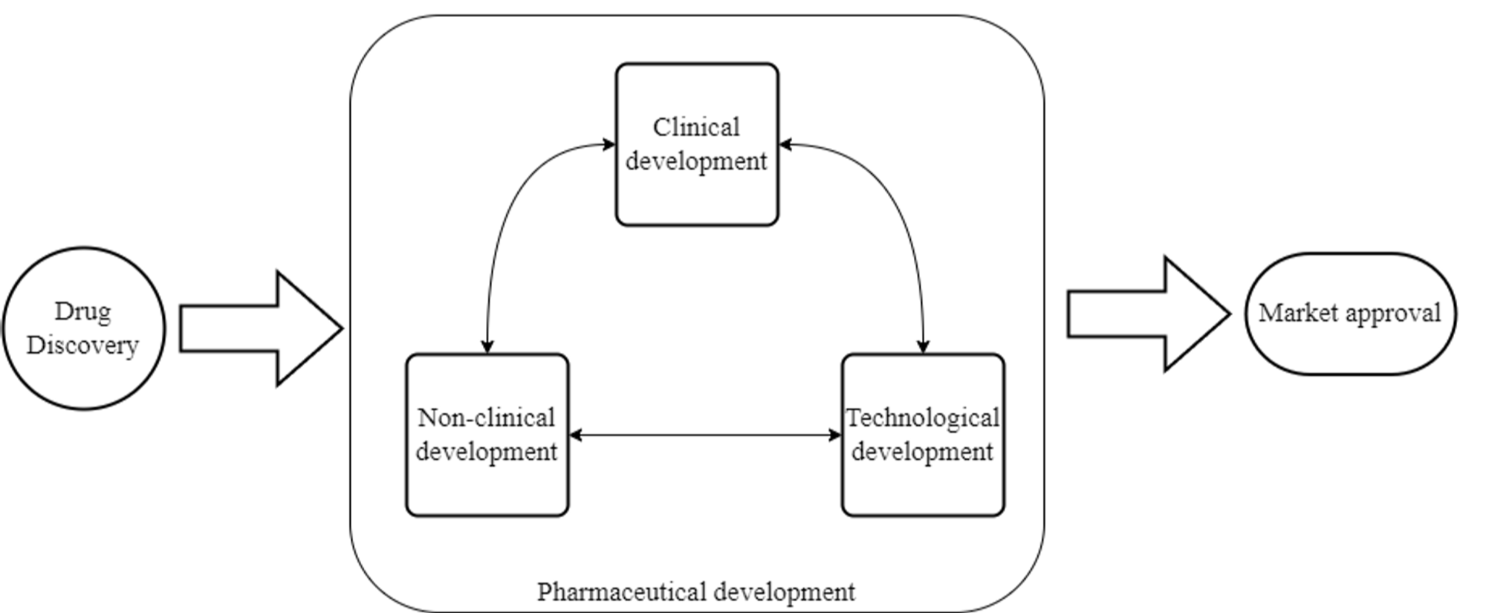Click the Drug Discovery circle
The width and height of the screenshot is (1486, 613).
click(x=83, y=328)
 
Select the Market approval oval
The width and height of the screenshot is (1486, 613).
click(x=1350, y=314)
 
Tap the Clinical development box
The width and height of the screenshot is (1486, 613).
click(x=697, y=144)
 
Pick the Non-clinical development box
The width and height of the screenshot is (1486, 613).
click(x=487, y=435)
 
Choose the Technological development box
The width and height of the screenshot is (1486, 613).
click(x=923, y=435)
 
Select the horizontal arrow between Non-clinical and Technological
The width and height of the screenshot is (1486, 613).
click(x=704, y=435)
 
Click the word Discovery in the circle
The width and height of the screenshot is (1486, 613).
click(x=82, y=345)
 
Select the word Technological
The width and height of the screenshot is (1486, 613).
click(x=923, y=418)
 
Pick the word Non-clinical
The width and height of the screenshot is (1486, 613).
click(x=486, y=418)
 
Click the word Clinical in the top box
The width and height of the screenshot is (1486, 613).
click(x=696, y=127)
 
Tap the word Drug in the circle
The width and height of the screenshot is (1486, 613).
click(x=82, y=311)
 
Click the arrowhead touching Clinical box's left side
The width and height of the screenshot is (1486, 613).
click(x=609, y=144)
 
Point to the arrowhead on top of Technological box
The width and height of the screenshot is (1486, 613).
click(x=923, y=346)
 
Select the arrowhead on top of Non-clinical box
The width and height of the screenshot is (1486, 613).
click(x=487, y=346)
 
